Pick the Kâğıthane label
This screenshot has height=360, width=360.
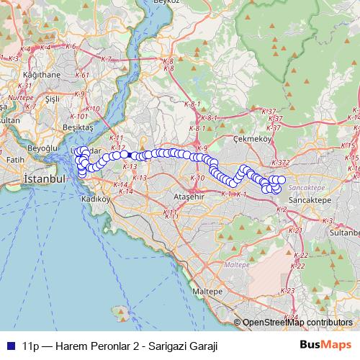click(x=41, y=74)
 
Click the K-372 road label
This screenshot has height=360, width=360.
click(x=282, y=163)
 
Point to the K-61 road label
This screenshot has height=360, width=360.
click(x=82, y=75)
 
